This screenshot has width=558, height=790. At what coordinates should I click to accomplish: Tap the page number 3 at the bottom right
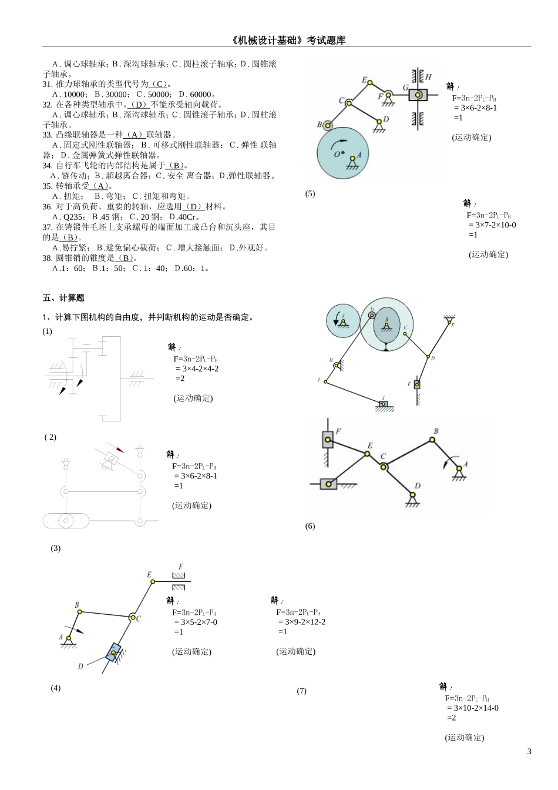pyautogui.click(x=529, y=751)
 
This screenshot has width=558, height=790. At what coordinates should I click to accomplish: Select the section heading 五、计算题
pyautogui.click(x=63, y=298)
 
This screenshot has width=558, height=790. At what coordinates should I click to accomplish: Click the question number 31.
pyautogui.click(x=48, y=84)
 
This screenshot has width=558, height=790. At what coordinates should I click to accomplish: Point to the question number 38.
pyautogui.click(x=48, y=258)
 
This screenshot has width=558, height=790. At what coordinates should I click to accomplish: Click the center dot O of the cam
pyautogui.click(x=343, y=153)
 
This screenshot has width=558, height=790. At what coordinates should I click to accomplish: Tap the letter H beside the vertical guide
pyautogui.click(x=428, y=76)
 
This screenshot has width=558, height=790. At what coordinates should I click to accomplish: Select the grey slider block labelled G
pyautogui.click(x=418, y=95)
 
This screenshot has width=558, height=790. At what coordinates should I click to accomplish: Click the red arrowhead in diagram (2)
pyautogui.click(x=120, y=450)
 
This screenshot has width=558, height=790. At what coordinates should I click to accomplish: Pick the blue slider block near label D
pyautogui.click(x=113, y=652)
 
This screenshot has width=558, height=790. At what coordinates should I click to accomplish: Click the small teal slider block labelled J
pyautogui.click(x=383, y=404)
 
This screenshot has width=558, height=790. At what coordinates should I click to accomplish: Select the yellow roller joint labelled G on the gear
pyautogui.click(x=372, y=316)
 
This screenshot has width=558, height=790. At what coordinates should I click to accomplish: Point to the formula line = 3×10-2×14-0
pyautogui.click(x=472, y=708)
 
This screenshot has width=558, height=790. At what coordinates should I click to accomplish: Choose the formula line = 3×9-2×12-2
pyautogui.click(x=301, y=622)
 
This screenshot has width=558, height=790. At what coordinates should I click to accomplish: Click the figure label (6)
pyautogui.click(x=310, y=526)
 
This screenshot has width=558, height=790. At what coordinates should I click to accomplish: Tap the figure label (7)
pyautogui.click(x=301, y=691)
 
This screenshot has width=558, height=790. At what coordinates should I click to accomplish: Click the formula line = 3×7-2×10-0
pyautogui.click(x=492, y=225)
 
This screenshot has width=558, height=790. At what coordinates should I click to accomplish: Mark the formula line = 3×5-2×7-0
pyautogui.click(x=196, y=622)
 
